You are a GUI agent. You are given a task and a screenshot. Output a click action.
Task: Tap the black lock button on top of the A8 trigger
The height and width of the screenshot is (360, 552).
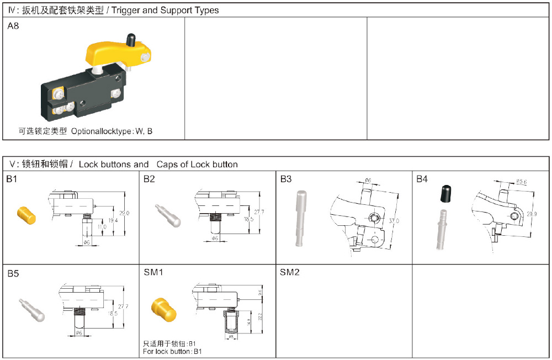click(x=131, y=40)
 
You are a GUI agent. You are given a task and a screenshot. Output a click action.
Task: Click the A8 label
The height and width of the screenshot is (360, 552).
click(x=13, y=25)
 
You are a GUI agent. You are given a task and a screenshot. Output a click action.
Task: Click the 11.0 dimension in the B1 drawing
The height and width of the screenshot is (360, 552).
click(x=98, y=226)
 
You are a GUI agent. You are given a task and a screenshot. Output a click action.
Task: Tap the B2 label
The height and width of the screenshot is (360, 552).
click(x=149, y=179)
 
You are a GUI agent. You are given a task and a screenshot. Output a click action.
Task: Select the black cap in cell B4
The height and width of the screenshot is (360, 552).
click(x=446, y=194)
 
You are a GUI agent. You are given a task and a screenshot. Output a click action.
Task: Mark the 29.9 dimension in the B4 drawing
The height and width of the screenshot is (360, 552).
click(x=531, y=214)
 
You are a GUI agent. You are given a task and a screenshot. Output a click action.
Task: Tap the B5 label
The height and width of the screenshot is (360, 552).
click(x=13, y=273)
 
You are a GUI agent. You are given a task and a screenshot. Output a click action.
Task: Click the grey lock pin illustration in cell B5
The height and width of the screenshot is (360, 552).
click(x=31, y=310)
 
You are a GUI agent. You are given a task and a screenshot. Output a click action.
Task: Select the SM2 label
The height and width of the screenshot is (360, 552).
click(x=289, y=272)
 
